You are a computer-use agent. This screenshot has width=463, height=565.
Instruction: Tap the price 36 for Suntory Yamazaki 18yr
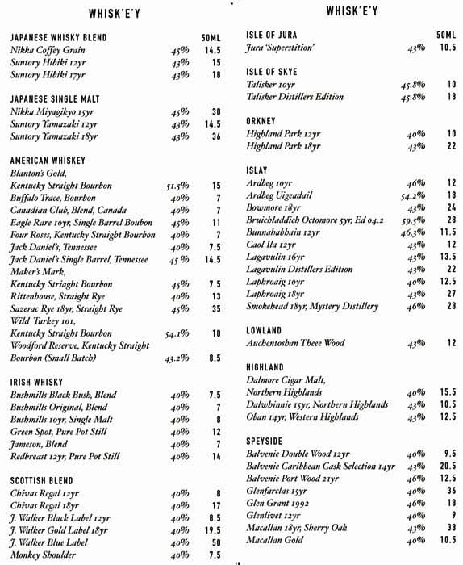point(216,137)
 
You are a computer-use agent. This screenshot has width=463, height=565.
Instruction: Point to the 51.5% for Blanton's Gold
point(177,186)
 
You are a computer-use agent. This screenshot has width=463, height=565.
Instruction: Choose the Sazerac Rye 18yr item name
point(66,308)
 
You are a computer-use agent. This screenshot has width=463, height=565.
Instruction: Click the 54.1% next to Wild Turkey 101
point(177,333)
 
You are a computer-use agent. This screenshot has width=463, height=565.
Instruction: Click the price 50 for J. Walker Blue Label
point(216,543)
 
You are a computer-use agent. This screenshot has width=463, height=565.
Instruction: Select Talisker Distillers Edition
point(295,97)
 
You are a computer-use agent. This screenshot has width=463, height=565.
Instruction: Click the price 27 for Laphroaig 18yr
point(451,295)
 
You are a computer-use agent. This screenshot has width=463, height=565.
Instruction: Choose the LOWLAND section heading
point(264,330)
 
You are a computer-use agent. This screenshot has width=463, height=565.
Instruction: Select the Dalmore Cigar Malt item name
point(288,381)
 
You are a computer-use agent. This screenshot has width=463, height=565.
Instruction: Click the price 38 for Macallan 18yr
point(451,527)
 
